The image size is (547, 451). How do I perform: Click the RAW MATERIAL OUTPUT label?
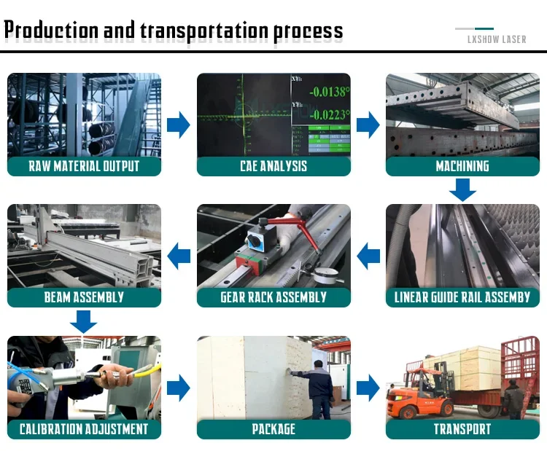(x=84, y=166)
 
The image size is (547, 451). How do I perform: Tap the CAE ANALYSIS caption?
(x=273, y=166)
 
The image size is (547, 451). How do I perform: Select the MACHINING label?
(x=462, y=166)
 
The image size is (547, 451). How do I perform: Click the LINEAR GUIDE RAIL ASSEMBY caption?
(x=462, y=297)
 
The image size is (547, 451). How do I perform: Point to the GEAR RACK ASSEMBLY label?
(x=273, y=297)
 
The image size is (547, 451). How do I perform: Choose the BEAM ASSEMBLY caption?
(x=84, y=297)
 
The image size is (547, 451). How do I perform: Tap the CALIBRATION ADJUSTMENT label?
(x=84, y=429)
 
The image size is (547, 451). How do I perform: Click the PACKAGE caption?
(x=273, y=429)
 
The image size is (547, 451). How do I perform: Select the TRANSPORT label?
(x=462, y=429)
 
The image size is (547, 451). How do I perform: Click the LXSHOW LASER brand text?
(x=497, y=39)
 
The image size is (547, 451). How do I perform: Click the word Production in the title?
(x=51, y=31)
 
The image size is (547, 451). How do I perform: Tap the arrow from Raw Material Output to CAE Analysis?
(x=178, y=125)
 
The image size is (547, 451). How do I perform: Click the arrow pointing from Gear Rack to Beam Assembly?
(x=179, y=256)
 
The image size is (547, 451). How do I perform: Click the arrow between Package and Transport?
(x=368, y=388)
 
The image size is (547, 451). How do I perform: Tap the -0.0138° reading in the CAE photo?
(x=328, y=93)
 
